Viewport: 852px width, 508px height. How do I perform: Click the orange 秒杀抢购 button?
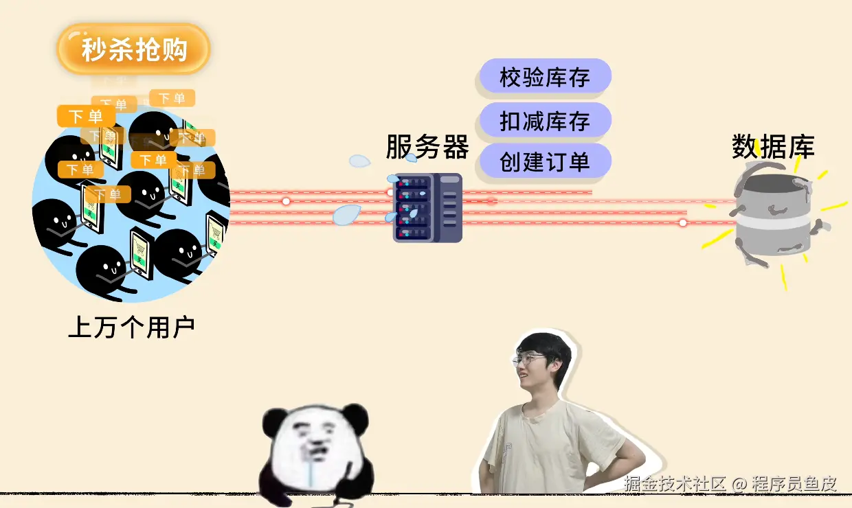click(133, 49)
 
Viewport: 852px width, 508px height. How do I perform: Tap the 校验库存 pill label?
click(544, 77)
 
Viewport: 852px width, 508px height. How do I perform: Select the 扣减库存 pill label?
click(544, 121)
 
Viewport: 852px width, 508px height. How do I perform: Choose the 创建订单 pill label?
click(544, 162)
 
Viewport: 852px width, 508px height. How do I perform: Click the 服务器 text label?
click(427, 147)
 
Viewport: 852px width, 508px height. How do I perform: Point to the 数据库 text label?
click(773, 146)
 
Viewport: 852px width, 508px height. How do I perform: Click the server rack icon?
click(427, 207)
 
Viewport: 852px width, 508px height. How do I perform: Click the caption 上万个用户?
click(131, 327)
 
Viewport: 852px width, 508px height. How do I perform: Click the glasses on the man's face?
click(528, 359)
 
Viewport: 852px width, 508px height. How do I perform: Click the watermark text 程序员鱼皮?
click(794, 483)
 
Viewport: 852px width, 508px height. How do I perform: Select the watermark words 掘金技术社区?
click(675, 483)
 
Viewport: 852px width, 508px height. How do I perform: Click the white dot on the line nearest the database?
click(682, 222)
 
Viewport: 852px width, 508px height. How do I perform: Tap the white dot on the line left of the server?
click(286, 201)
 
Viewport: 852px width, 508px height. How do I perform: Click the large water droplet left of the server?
click(346, 215)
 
